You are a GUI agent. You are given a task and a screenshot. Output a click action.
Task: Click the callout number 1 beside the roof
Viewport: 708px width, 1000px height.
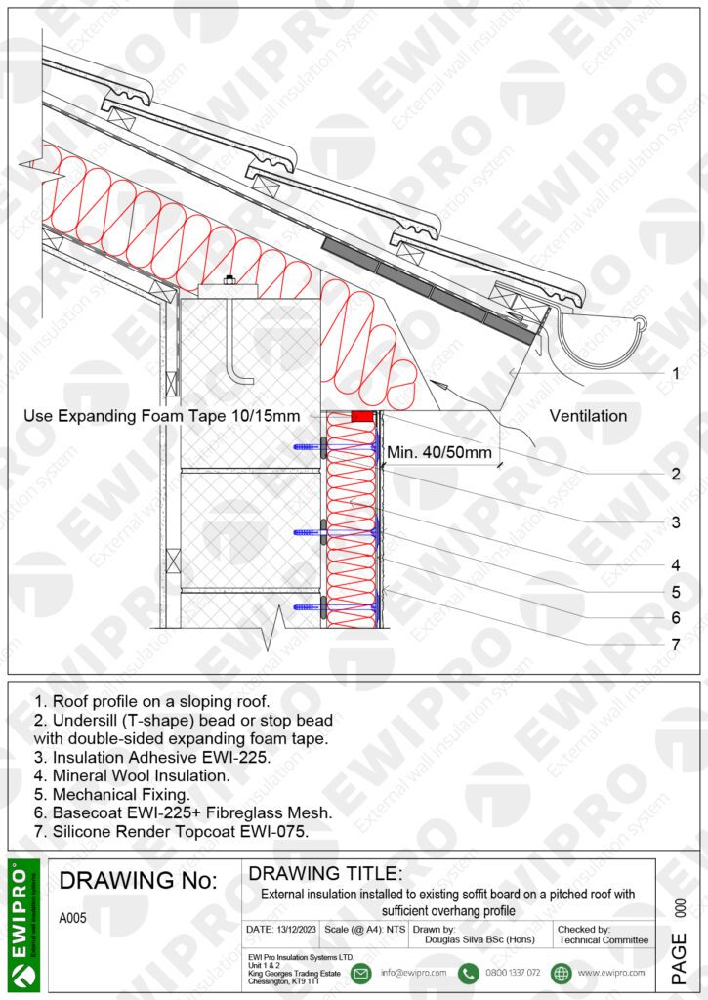pos(675,373)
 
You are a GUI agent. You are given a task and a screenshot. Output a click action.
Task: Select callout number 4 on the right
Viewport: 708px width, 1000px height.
pos(675,563)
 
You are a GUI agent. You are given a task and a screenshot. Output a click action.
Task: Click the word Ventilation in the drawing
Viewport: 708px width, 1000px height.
pos(588,416)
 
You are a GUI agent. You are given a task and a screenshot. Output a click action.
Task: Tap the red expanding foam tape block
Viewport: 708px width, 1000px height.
pos(362,416)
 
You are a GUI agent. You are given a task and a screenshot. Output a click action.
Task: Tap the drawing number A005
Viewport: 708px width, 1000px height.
pos(73,918)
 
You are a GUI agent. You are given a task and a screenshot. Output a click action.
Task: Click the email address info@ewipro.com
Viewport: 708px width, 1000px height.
pos(413,973)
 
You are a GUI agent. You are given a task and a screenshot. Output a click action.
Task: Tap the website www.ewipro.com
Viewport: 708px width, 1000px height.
pos(610,973)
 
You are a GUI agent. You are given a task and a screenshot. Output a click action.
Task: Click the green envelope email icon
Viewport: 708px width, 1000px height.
pos(360,973)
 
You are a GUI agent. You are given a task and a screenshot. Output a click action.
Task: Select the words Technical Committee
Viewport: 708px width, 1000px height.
pos(603,939)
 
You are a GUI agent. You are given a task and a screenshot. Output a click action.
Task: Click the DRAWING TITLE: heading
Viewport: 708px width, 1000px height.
pos(325,872)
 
